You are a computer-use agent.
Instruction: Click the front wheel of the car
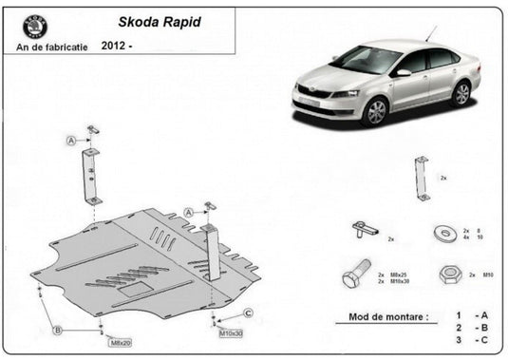coord(374,111)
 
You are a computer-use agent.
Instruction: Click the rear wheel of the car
coord(461,93)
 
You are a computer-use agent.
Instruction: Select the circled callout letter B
coord(57,330)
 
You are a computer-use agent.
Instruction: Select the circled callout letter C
coord(248,313)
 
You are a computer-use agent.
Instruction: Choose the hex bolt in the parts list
coord(353,278)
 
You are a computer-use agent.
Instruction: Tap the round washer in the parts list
coord(444,234)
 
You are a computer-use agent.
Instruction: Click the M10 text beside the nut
coord(486,275)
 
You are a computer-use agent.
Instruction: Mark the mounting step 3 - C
coord(473,339)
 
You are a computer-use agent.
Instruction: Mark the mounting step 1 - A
coord(473,314)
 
